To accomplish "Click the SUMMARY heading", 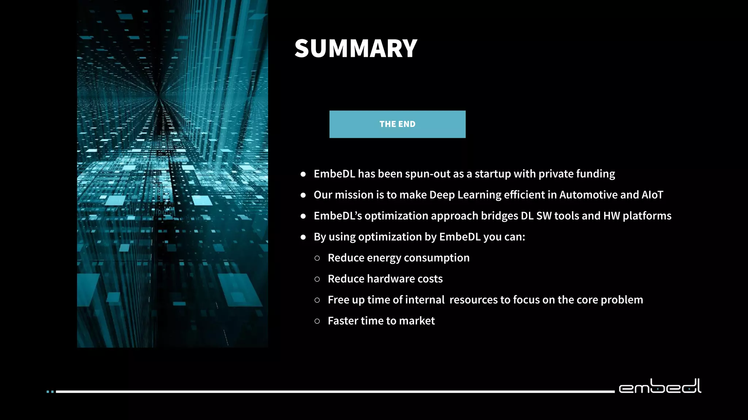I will tap(356, 48).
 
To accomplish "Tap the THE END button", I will tap(397, 124).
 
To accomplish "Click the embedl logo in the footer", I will tap(660, 386).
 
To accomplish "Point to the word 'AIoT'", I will tap(652, 195).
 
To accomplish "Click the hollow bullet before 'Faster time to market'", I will tap(317, 321).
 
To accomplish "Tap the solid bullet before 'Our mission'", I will tap(303, 195).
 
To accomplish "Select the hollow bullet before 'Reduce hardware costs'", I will tap(317, 279).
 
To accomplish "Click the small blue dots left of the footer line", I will tap(50, 392).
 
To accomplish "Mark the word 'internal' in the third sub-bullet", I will tap(425, 300).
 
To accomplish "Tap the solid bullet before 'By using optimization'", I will tap(303, 237).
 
